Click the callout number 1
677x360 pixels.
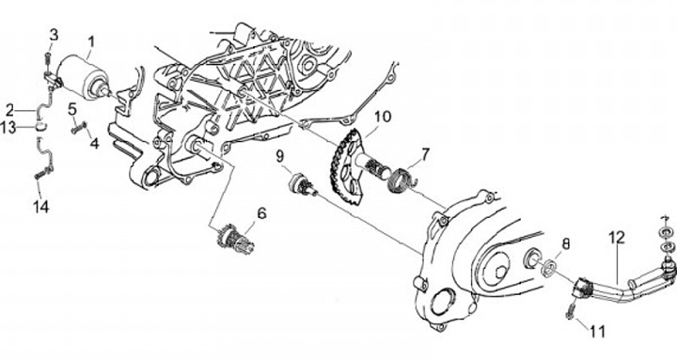91,42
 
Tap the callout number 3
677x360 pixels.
54,35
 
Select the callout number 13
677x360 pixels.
8,128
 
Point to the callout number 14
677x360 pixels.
41,207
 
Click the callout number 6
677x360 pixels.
262,213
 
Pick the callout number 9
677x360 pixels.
280,155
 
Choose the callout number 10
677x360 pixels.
383,117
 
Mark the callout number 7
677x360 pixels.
426,153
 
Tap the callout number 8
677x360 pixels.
566,243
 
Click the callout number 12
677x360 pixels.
617,237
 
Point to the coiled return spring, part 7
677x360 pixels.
402,180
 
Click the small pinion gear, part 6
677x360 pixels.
235,239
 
